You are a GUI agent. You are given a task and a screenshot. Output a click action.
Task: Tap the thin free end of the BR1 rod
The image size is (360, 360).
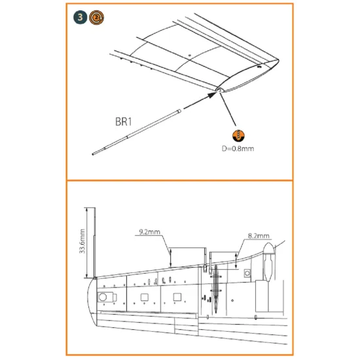(93, 153)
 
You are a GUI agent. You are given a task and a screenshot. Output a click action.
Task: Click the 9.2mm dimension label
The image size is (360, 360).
(151, 232)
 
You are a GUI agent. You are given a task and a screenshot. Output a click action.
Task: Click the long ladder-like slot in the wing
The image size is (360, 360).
(213, 288)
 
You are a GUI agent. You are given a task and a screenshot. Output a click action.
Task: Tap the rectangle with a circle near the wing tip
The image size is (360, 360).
(103, 298)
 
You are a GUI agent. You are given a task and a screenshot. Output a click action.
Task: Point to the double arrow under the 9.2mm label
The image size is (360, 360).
(171, 255)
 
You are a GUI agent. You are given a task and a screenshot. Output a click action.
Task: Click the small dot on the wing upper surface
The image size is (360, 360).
(189, 53)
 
